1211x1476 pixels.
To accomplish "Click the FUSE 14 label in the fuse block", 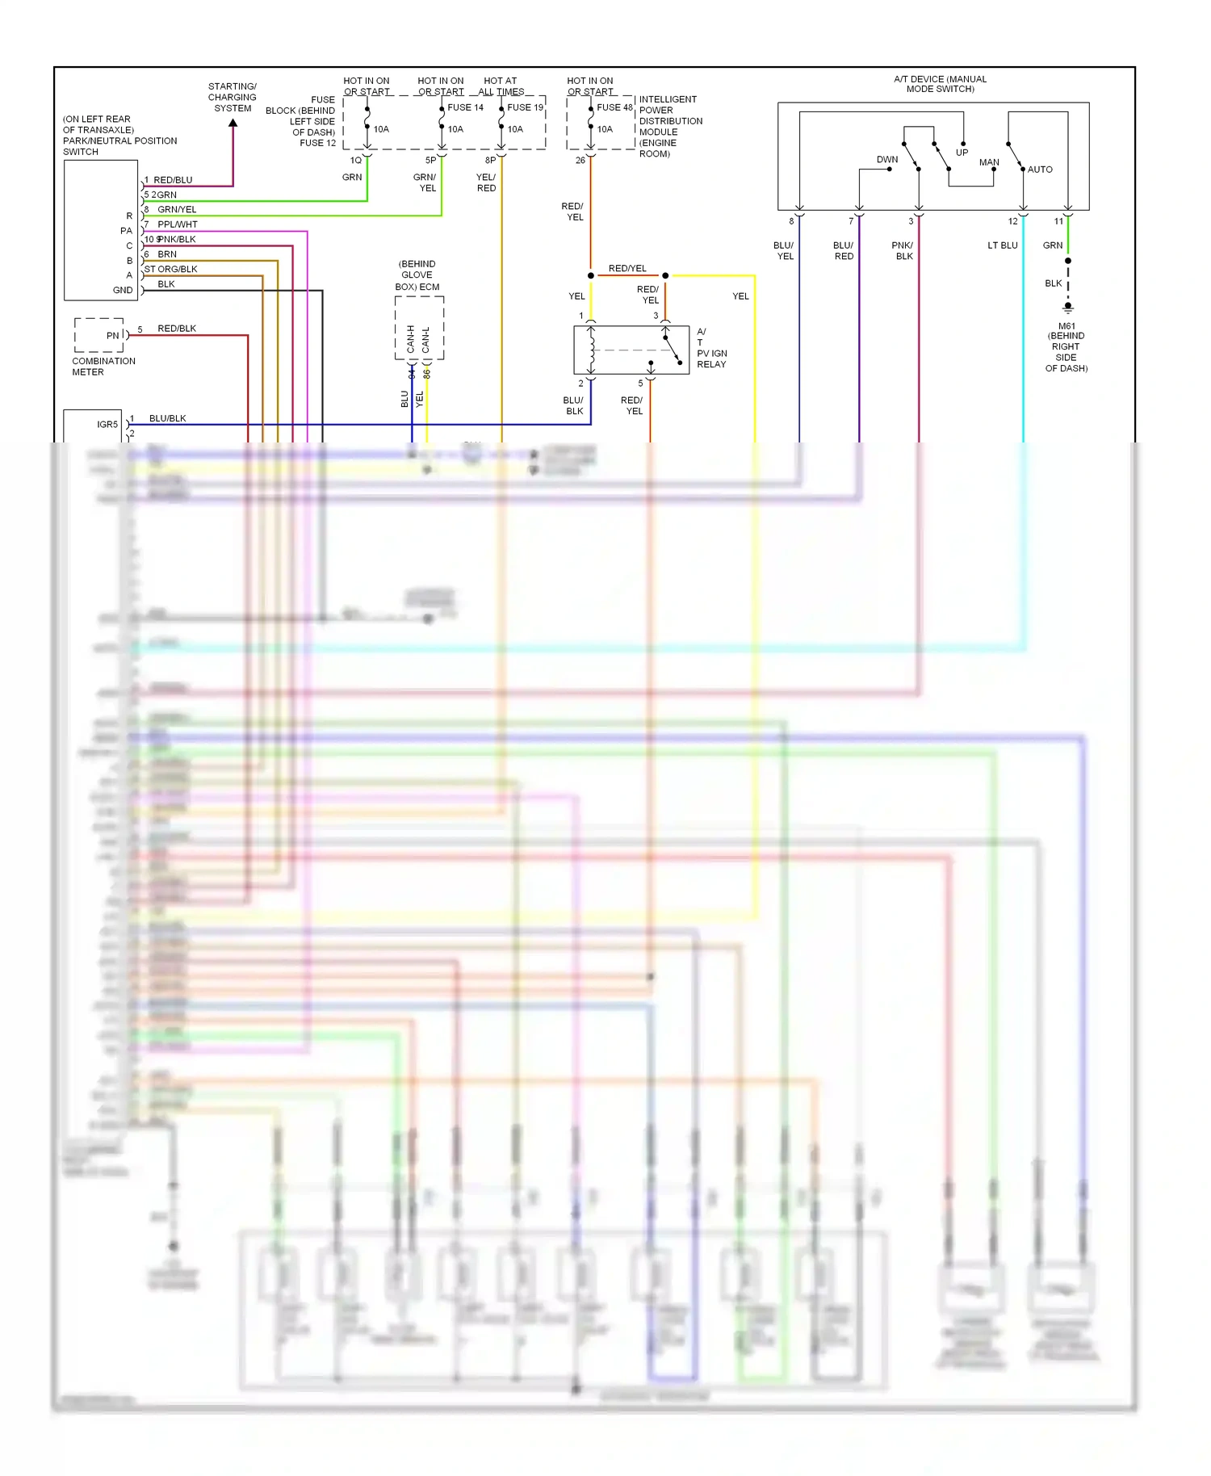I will click(x=465, y=107).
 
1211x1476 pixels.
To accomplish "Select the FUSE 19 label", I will click(x=525, y=107).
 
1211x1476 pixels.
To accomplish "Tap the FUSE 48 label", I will click(x=614, y=107).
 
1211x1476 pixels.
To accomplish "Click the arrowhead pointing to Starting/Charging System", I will click(x=233, y=124).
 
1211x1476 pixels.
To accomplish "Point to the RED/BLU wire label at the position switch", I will click(x=173, y=180).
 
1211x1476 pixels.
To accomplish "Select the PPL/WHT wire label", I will click(x=178, y=224).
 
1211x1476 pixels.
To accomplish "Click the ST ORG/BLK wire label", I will click(x=170, y=269).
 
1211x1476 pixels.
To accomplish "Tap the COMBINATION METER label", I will click(x=103, y=367).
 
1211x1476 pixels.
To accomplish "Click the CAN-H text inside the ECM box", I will click(x=411, y=339).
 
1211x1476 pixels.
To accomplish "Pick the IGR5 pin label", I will click(x=107, y=425).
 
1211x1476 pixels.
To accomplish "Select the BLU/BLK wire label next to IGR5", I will click(x=167, y=418).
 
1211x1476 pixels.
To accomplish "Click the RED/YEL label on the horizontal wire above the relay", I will click(x=627, y=269).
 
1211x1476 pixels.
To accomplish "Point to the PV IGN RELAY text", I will click(x=711, y=359).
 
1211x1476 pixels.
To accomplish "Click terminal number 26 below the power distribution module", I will click(x=580, y=161).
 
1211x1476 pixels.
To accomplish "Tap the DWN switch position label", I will click(x=886, y=160).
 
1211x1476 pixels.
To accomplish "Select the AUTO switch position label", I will click(x=1039, y=170).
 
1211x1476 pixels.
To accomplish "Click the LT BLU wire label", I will click(x=1002, y=245).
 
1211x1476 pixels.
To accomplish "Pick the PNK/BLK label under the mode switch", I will click(x=903, y=250).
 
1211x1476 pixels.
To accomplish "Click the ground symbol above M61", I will click(x=1067, y=308).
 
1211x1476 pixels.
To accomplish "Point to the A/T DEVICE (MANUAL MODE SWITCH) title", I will click(x=940, y=84).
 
